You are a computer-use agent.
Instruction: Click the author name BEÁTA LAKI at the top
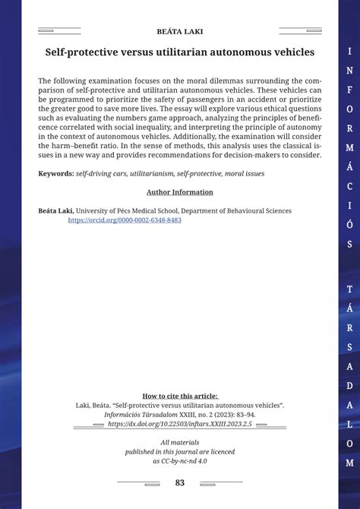tap(179, 32)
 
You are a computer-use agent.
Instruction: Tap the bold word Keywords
tap(55, 173)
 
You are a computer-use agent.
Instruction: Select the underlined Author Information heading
tap(179, 192)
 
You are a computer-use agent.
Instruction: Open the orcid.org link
tap(125, 220)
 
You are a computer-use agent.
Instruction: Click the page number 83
tap(179, 482)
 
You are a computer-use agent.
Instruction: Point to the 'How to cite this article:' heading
tap(179, 396)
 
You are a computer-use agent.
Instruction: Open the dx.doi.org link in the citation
tap(179, 424)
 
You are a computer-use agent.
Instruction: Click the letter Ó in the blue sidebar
tap(349, 226)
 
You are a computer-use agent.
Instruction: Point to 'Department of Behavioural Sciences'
tap(238, 211)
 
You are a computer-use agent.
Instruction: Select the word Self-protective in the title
tap(83, 52)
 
